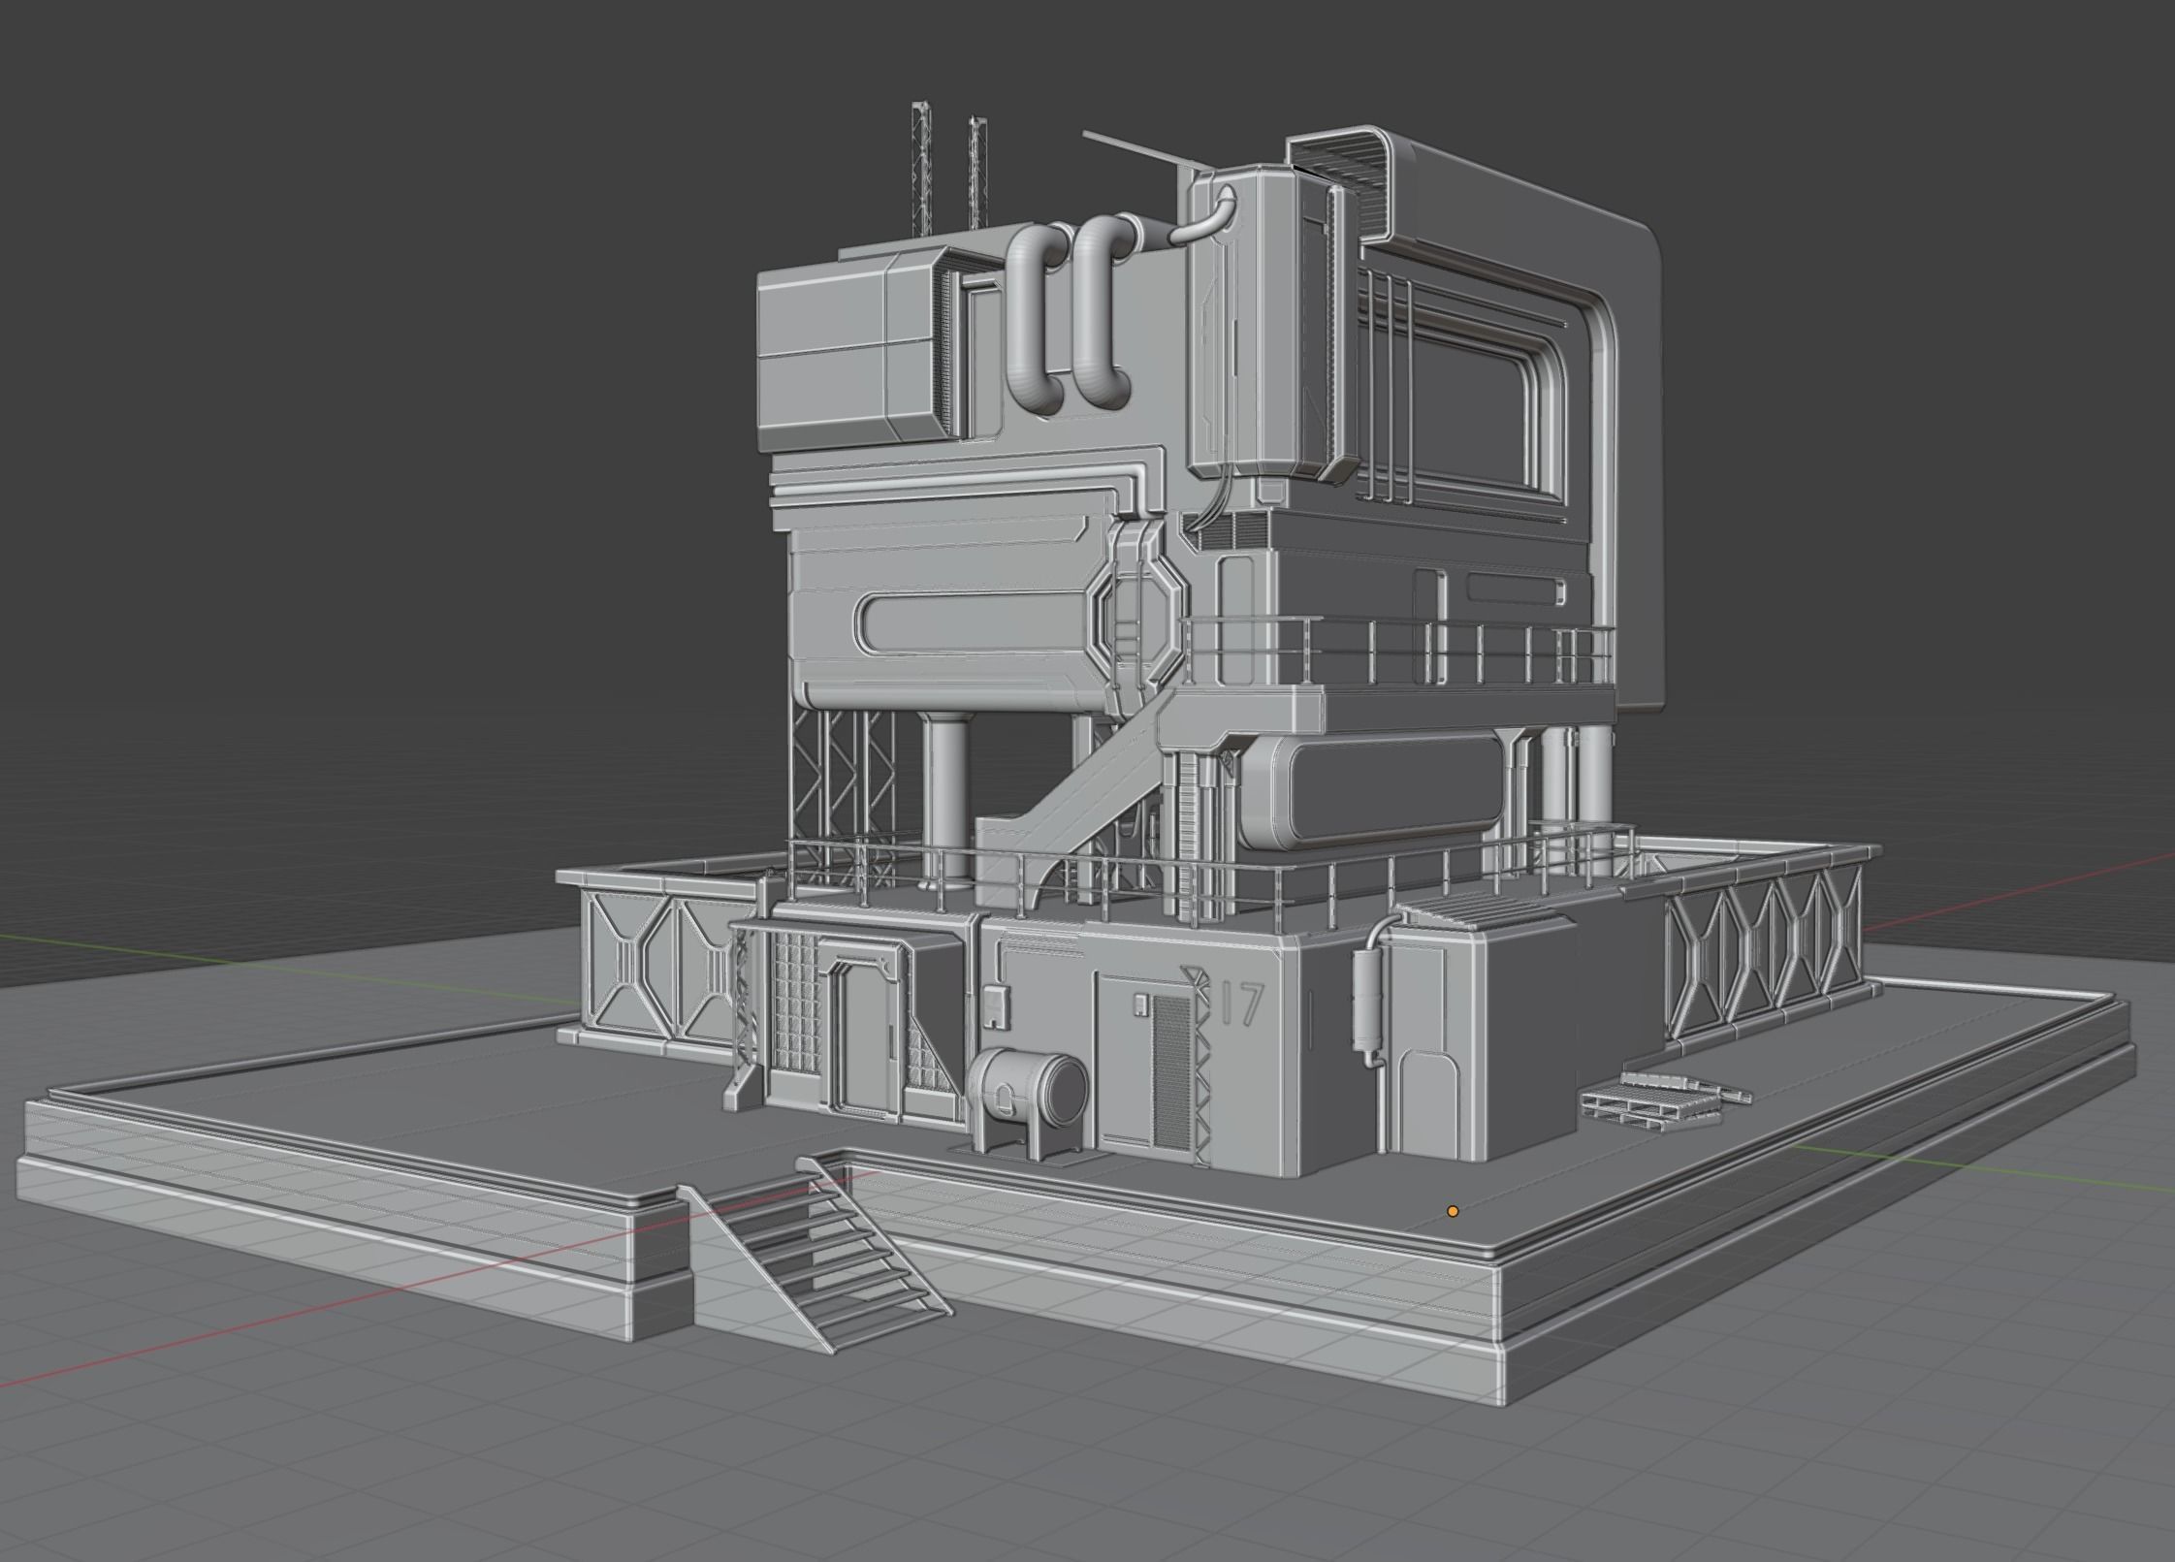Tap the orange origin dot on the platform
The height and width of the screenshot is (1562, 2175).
pos(1453,1211)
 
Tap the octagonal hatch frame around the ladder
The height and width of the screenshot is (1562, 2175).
pos(1140,622)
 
